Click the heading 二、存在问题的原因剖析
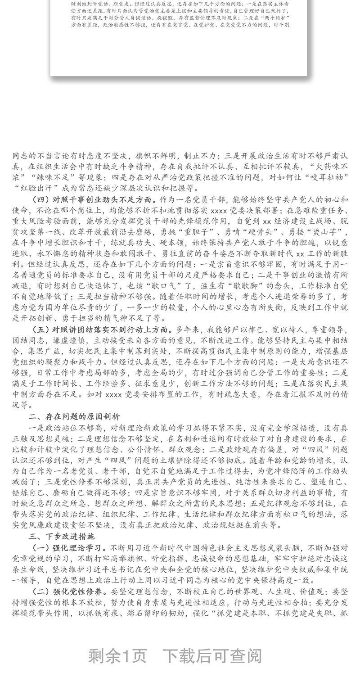click(74, 416)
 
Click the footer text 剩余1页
click(117, 656)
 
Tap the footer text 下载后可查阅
click(211, 656)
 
